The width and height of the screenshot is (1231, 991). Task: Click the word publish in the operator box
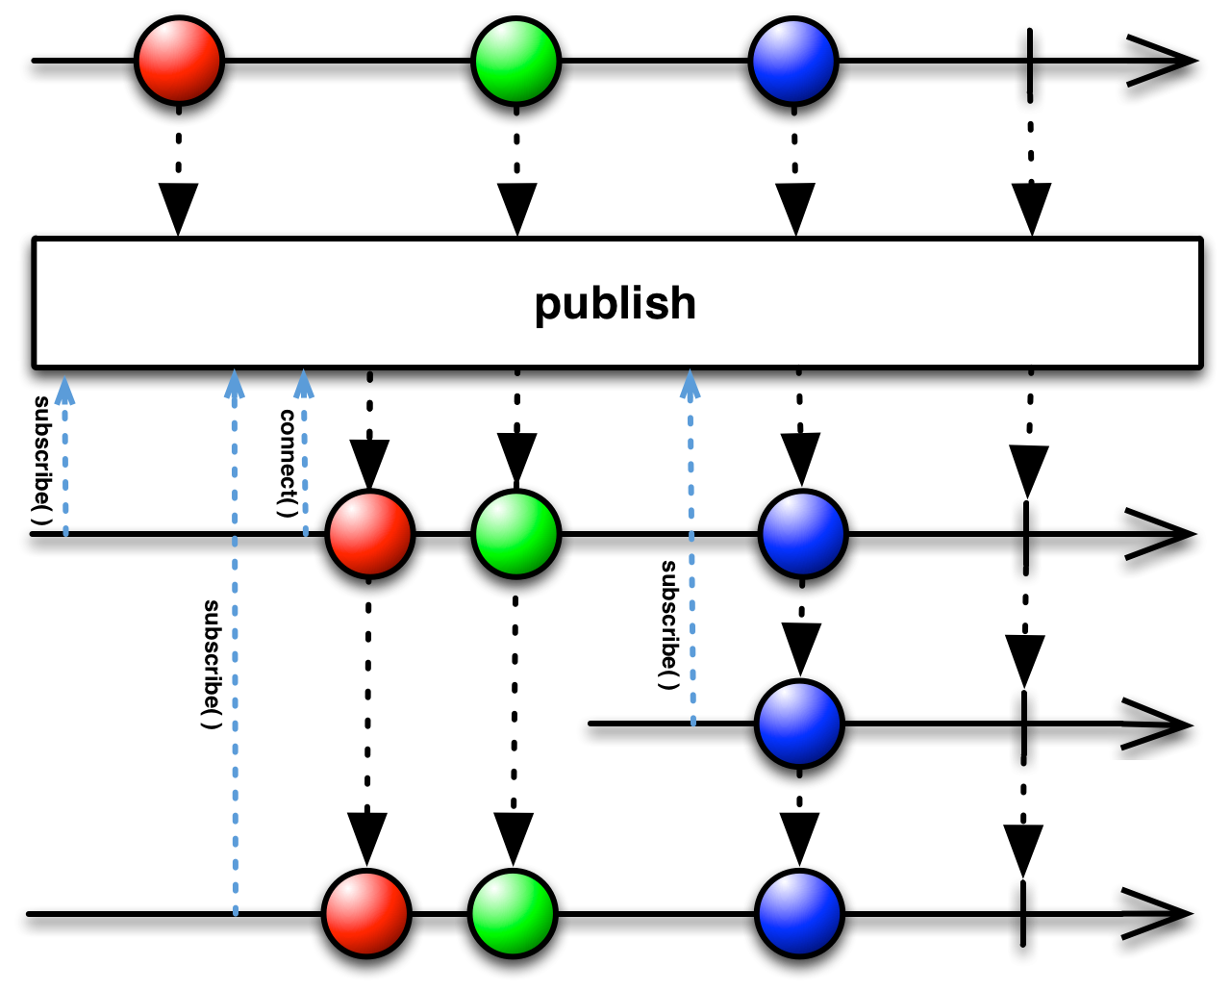click(615, 304)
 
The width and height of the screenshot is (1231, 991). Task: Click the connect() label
click(286, 462)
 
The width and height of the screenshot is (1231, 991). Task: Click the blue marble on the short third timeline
click(799, 724)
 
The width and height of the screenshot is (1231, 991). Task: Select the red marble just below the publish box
click(369, 535)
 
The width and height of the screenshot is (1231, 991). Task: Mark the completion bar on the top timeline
click(1031, 67)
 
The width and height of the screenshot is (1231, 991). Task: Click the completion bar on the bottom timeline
click(1024, 920)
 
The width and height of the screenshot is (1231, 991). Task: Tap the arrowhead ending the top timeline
click(1159, 67)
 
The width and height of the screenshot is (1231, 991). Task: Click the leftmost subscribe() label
click(41, 460)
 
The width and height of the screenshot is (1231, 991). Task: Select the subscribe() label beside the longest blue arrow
click(212, 664)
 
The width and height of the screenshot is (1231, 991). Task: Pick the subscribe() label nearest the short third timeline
click(668, 625)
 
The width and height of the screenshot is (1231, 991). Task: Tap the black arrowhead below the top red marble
click(178, 207)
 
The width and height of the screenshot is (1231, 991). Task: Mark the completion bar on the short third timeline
click(1024, 731)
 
